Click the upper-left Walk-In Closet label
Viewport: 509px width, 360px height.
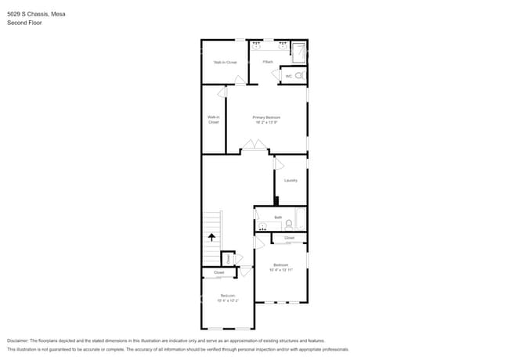(225, 62)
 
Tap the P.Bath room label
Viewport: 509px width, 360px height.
(267, 62)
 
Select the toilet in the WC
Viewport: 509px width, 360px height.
(298, 76)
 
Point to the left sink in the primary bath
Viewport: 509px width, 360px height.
(256, 46)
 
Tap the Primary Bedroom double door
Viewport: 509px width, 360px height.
(252, 145)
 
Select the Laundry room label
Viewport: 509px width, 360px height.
(291, 180)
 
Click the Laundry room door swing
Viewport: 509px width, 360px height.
(278, 164)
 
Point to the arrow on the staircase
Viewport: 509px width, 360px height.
(211, 236)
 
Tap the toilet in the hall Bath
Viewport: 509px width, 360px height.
(288, 224)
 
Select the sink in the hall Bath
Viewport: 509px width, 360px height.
(261, 226)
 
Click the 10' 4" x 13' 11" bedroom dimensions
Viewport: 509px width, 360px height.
(280, 269)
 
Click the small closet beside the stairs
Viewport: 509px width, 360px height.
(227, 257)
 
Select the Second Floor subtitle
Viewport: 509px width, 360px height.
(24, 23)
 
